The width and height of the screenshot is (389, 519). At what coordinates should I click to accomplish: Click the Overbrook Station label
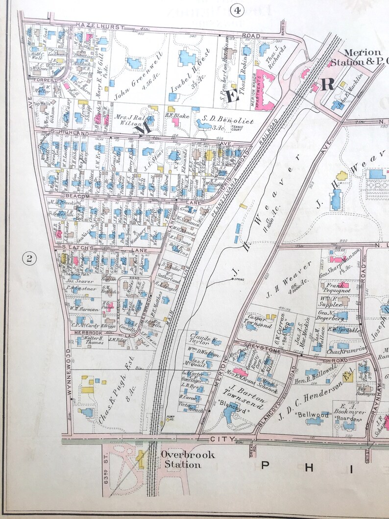(188, 460)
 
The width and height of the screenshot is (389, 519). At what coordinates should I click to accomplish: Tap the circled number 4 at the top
(238, 9)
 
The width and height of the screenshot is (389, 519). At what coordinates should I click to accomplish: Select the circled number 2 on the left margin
(28, 259)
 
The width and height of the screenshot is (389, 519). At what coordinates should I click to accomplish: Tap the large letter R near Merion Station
(327, 84)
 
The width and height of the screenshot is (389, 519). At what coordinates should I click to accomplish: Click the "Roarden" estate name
(351, 420)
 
